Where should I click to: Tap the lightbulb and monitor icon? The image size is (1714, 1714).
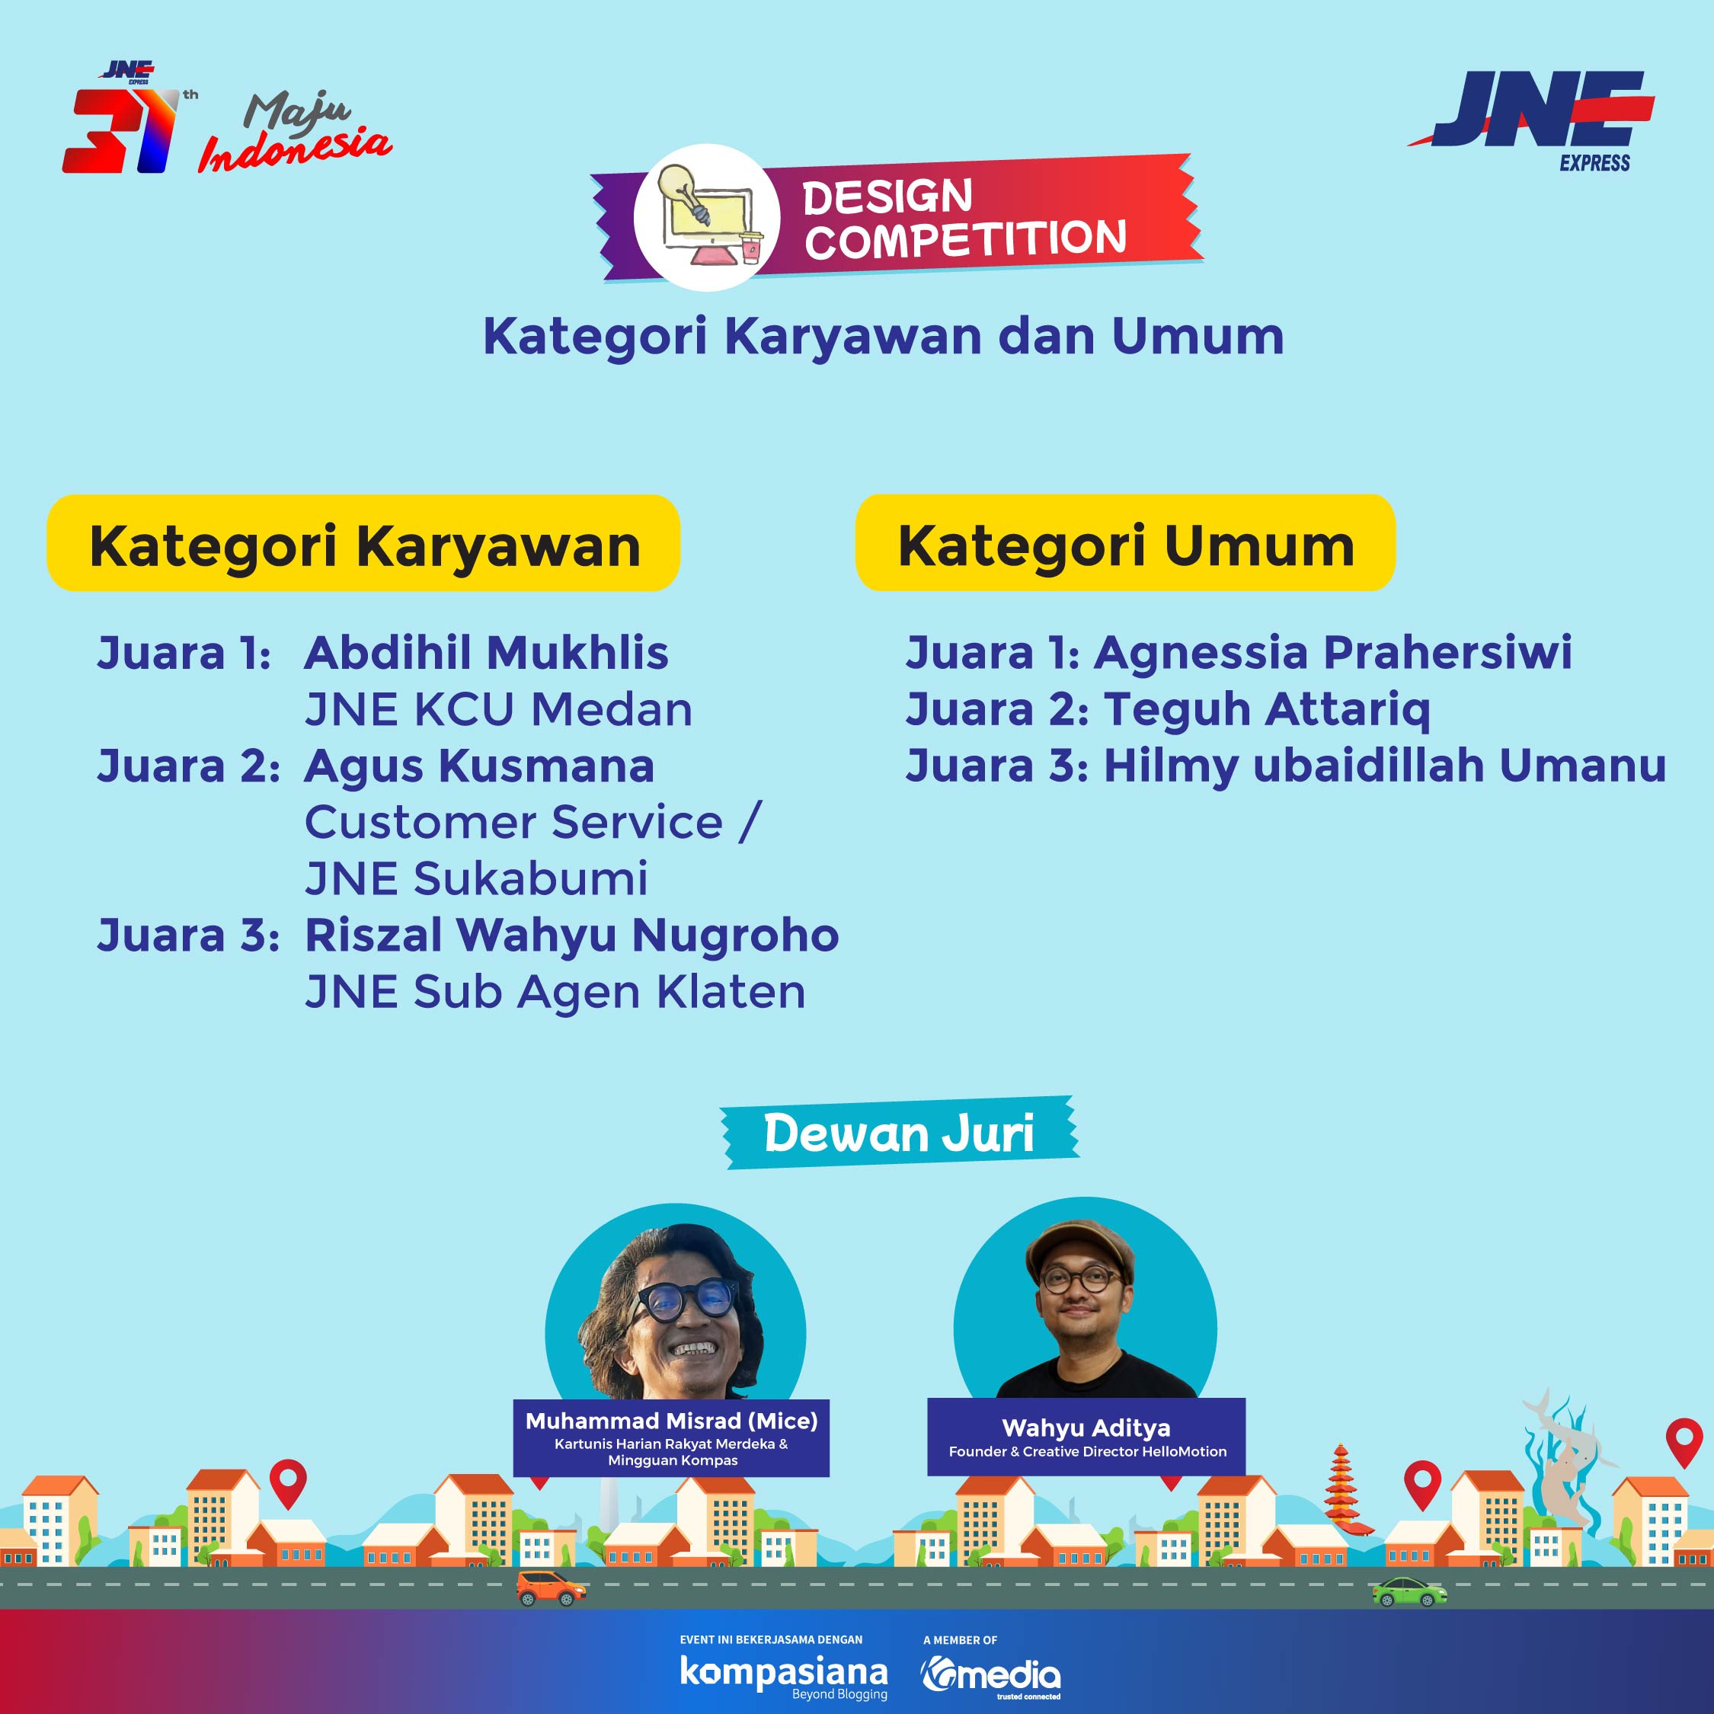(706, 216)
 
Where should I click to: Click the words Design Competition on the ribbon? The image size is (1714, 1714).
(964, 218)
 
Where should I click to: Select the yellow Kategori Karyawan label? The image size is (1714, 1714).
(363, 543)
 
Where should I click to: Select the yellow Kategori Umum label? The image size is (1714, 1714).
(1125, 543)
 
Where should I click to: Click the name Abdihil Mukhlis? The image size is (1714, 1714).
(486, 653)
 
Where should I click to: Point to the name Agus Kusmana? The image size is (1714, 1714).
(479, 766)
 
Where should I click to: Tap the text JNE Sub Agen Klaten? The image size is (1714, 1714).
(555, 992)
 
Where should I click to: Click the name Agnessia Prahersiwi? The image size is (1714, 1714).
(1332, 653)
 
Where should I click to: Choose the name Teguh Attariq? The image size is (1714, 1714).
(1267, 711)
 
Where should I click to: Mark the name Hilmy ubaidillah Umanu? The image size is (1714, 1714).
(1385, 766)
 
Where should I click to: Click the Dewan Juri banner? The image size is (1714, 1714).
(899, 1133)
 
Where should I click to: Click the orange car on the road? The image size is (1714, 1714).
(551, 1589)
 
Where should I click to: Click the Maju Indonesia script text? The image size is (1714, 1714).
(295, 133)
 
